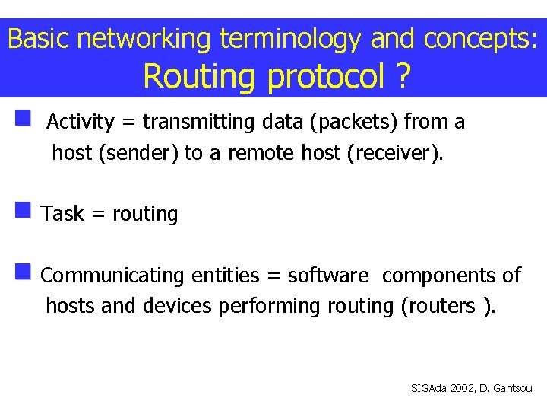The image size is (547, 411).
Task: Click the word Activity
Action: coord(80,122)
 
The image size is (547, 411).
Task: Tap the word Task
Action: coord(62,214)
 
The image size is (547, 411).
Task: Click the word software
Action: coord(328,276)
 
